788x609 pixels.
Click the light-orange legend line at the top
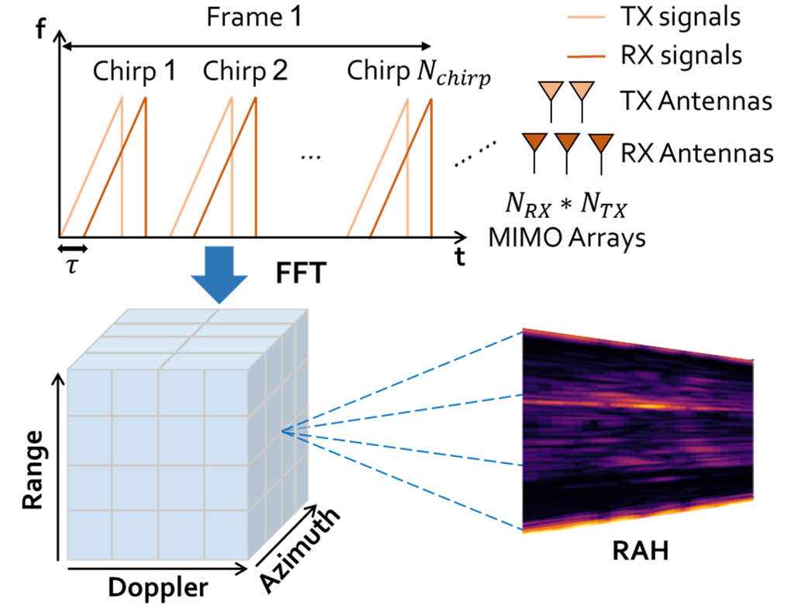pos(586,16)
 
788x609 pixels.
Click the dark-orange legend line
pos(586,57)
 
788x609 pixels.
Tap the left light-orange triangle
pos(551,89)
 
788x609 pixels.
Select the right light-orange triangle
pos(582,89)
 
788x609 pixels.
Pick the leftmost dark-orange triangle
pos(534,141)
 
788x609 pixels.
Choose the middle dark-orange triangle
pos(567,141)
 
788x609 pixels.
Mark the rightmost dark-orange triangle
pos(601,142)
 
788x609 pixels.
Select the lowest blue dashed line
pos(403,481)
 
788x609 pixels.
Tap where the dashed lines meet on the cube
pos(284,431)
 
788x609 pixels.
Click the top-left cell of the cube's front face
pos(89,392)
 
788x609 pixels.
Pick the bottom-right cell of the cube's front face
pos(226,535)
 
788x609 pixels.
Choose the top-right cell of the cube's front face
pos(226,392)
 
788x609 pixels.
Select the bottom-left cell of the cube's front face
pos(89,535)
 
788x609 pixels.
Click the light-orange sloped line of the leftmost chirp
pos(92,166)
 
